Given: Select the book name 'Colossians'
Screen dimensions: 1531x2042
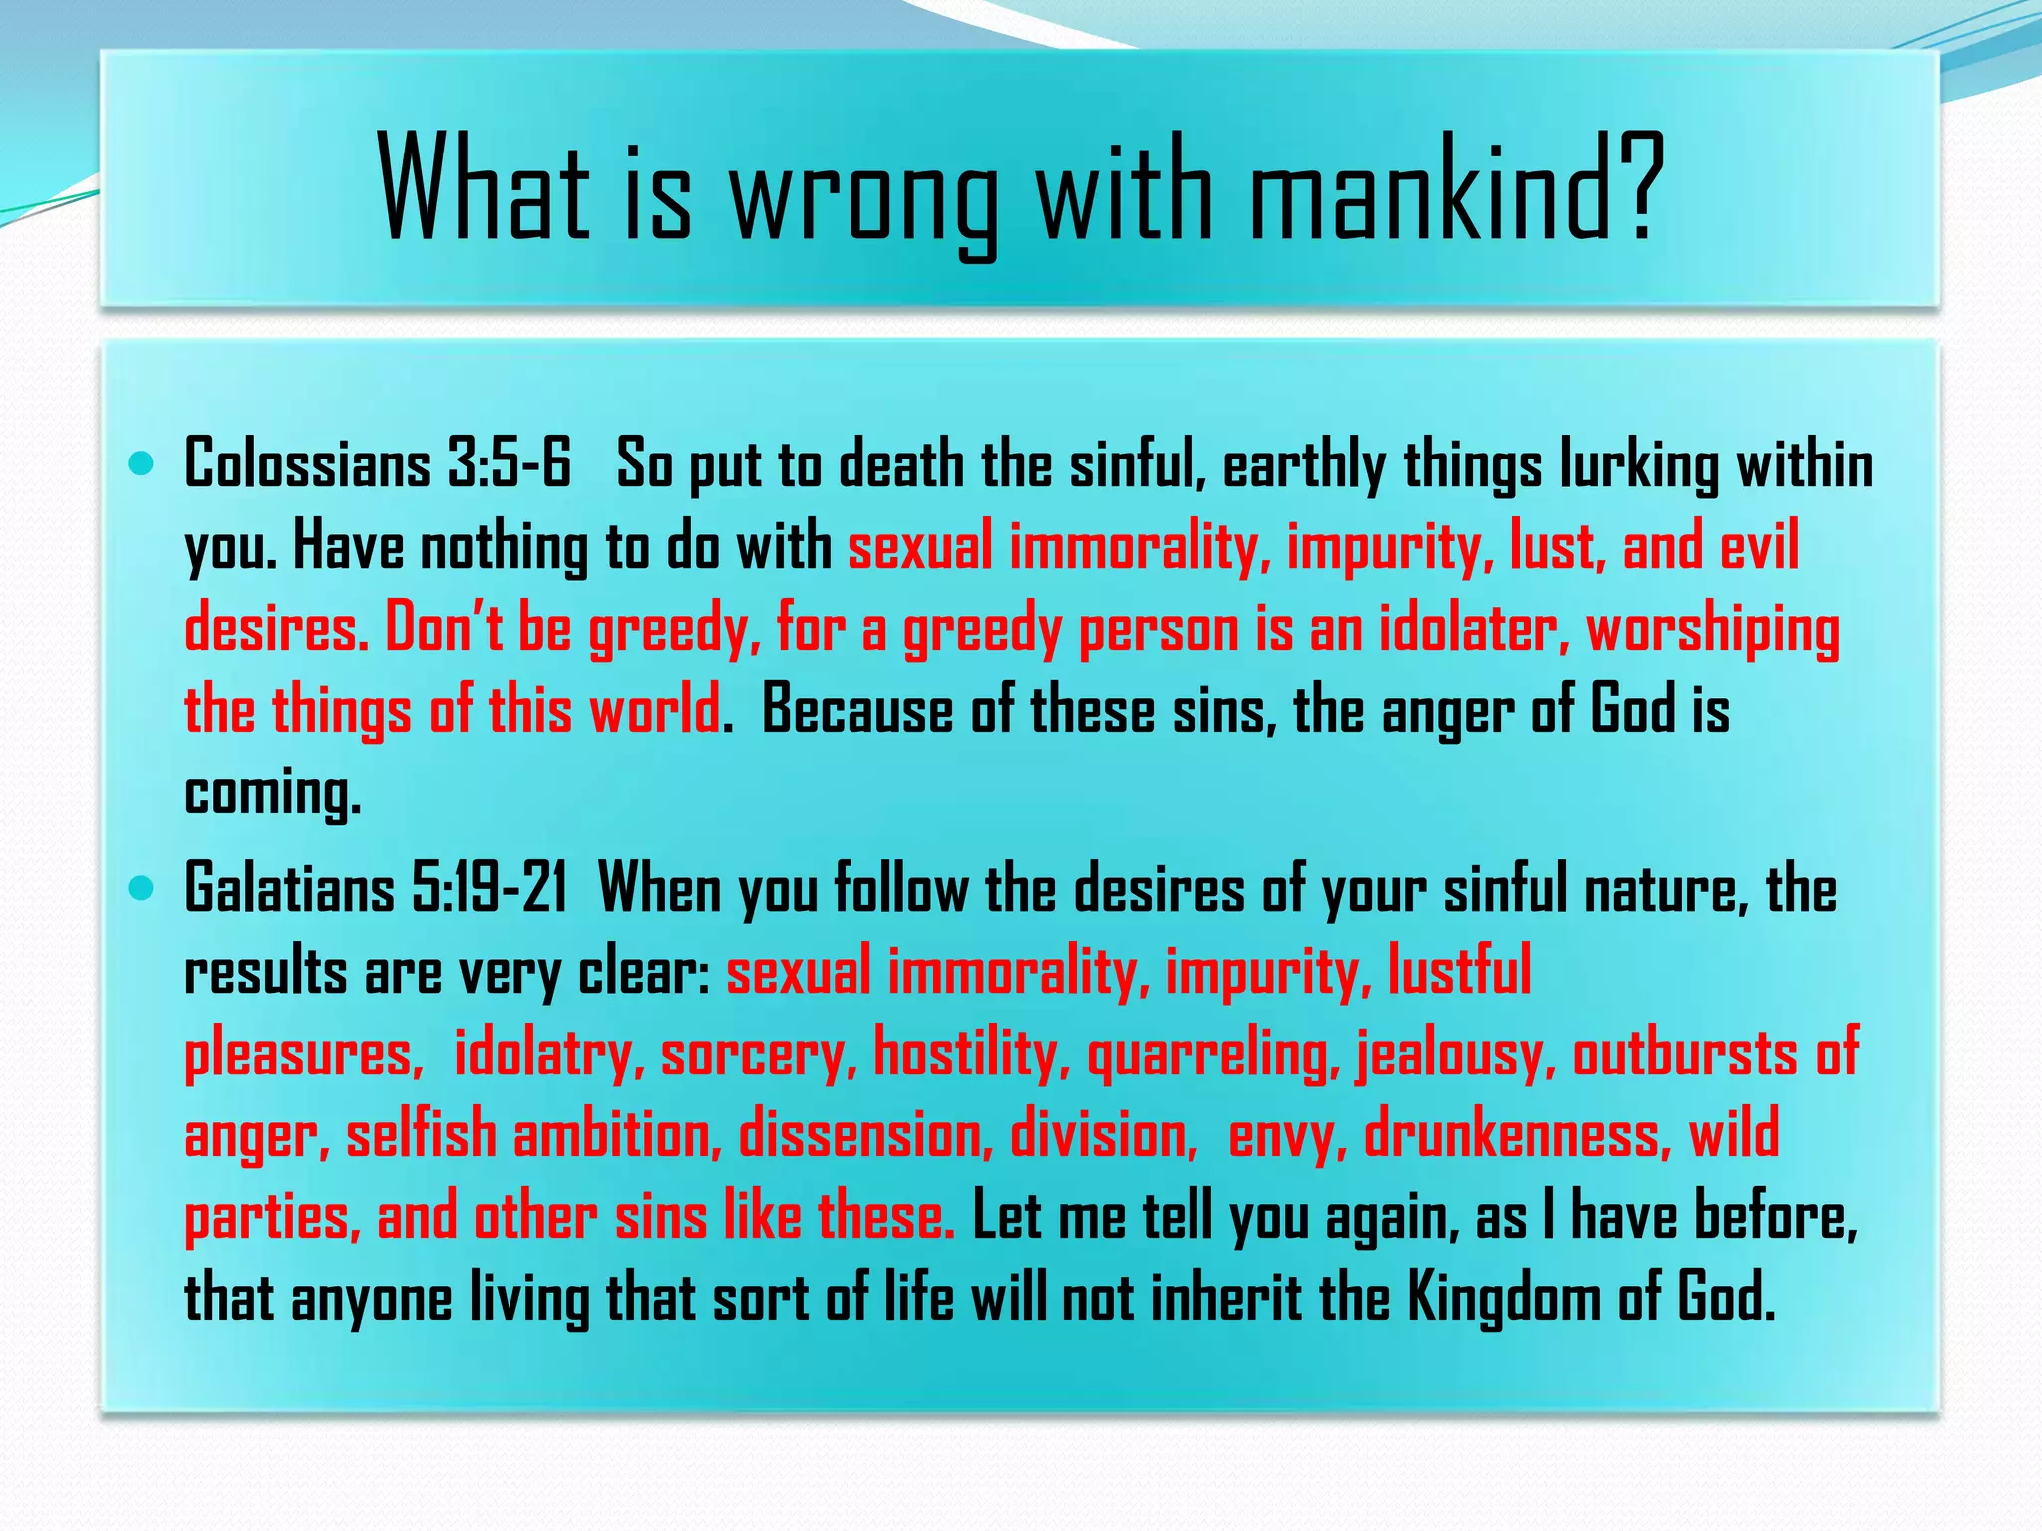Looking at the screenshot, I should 307,464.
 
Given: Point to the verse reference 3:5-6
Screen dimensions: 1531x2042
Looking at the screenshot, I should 509,464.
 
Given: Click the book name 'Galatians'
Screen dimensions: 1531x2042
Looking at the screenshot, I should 289,888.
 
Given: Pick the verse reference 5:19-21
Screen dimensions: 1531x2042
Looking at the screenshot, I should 489,888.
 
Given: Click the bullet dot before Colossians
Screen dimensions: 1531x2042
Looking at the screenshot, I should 142,463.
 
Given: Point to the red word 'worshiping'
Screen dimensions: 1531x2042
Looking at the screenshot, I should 1712,632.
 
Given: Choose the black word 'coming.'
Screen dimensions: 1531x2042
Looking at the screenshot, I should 272,795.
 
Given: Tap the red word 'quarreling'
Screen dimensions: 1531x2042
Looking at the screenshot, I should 1213,1055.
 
